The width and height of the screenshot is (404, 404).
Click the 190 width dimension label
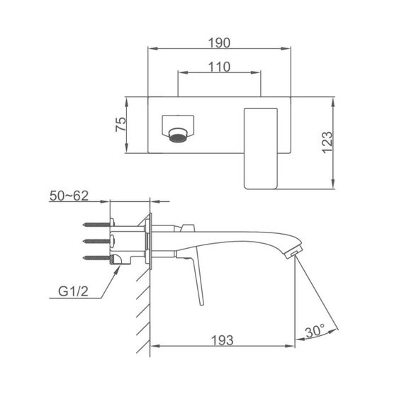[219, 43]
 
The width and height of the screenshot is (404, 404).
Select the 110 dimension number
[219, 67]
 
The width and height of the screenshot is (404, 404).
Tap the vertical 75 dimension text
[120, 125]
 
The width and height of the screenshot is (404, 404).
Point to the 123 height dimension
[327, 142]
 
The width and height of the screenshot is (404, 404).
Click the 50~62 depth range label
[69, 196]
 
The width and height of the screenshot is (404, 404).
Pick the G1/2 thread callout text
[73, 291]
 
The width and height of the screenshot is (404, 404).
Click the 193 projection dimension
[223, 340]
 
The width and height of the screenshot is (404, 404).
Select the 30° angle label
[315, 331]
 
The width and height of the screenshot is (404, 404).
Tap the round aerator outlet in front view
[178, 135]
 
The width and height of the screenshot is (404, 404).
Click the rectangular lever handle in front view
[261, 149]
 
